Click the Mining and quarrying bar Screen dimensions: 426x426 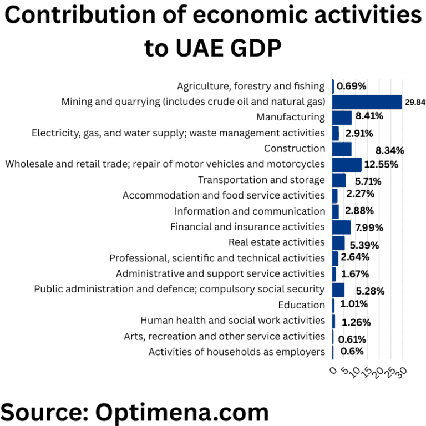coord(367,102)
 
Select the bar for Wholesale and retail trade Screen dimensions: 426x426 coord(347,165)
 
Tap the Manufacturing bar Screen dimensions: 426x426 coord(342,118)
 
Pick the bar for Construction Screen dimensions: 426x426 coord(342,149)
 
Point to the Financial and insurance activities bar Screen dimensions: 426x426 coord(341,227)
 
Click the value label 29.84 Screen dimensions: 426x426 coord(415,103)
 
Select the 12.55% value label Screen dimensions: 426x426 coord(381,165)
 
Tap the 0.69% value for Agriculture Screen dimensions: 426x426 coord(352,86)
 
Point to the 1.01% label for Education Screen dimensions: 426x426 coord(353,304)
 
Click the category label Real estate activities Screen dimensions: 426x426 coord(276,242)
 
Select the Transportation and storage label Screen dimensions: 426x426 coord(261,180)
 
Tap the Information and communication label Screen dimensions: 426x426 coord(250,211)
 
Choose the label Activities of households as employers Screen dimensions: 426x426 coord(236,352)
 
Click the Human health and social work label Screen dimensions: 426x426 coord(232,321)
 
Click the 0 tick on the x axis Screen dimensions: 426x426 coord(334,369)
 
